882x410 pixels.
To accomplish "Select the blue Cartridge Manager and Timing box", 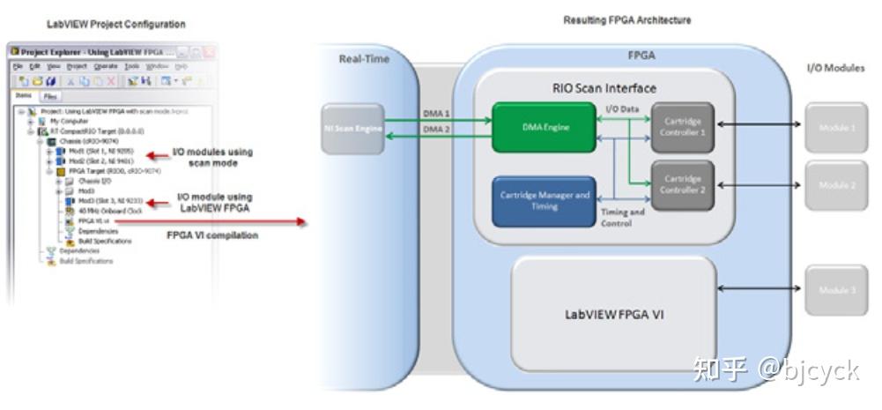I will coord(544,201).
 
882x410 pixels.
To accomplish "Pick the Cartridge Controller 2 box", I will coord(683,185).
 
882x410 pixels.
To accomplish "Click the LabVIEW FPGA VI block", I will coord(614,313).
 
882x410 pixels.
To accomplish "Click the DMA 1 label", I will coord(436,114).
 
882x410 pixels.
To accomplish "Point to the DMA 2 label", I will coord(436,130).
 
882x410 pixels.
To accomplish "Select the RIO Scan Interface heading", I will coord(604,88).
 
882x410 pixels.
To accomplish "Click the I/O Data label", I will coord(623,108).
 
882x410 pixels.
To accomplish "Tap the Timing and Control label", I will coord(623,218).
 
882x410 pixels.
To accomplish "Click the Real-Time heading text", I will coord(364,59).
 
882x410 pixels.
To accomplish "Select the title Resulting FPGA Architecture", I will coord(626,19).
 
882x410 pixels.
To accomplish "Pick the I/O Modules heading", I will coord(835,68).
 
